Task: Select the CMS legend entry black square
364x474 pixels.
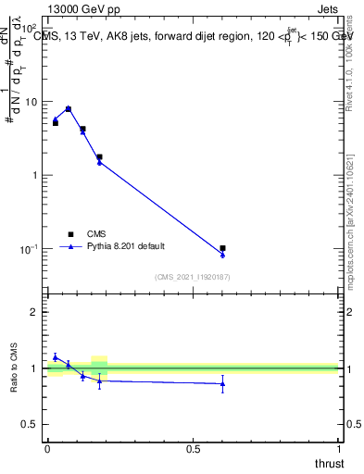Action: click(69, 234)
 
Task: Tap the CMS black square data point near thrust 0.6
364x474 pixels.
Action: click(222, 248)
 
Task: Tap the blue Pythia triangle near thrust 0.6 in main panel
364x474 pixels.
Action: click(222, 255)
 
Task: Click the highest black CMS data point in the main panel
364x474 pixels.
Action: click(68, 109)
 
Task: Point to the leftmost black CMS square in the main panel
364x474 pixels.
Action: click(55, 122)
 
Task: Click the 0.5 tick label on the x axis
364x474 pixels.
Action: click(193, 448)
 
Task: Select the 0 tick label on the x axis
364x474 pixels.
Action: click(47, 448)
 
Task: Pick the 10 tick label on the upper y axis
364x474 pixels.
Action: click(32, 102)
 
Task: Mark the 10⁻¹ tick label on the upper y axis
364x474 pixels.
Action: click(31, 248)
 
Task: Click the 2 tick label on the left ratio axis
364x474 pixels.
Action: click(35, 312)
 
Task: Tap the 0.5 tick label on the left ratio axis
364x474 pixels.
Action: click(31, 424)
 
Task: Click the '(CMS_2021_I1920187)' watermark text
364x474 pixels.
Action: click(193, 277)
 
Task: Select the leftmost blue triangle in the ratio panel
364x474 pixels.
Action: click(55, 357)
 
